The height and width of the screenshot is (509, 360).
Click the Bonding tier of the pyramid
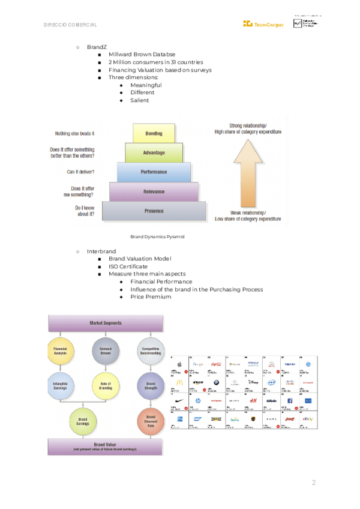pyautogui.click(x=154, y=133)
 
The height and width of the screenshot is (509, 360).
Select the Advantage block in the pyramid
pyautogui.click(x=154, y=152)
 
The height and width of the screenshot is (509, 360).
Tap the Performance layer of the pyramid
pyautogui.click(x=154, y=172)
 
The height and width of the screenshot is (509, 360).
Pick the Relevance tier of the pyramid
pyautogui.click(x=154, y=191)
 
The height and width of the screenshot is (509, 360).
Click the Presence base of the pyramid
pyautogui.click(x=154, y=211)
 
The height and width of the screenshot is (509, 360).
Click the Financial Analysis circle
pyautogui.click(x=60, y=351)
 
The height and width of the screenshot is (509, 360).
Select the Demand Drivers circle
pyautogui.click(x=105, y=351)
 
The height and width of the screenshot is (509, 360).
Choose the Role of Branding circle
pyautogui.click(x=105, y=385)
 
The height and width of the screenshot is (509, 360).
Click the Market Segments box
pyautogui.click(x=106, y=323)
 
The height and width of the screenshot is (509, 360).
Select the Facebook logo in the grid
pyautogui.click(x=290, y=400)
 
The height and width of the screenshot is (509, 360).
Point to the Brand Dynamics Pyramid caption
pyautogui.click(x=157, y=237)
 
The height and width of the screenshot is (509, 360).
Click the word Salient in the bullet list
pyautogui.click(x=139, y=100)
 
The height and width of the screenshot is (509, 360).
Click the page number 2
pyautogui.click(x=313, y=483)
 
